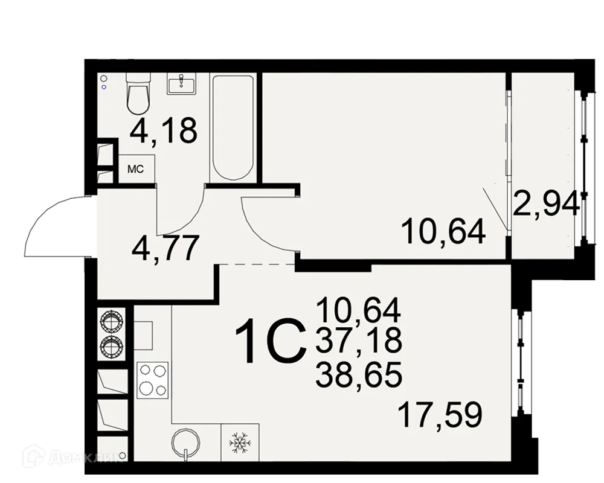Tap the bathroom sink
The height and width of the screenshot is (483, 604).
(x=181, y=84)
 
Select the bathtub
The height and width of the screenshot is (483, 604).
(x=233, y=127)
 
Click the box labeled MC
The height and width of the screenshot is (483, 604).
(x=135, y=168)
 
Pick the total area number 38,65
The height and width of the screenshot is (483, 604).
(x=358, y=377)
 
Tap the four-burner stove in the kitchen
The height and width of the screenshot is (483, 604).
(x=152, y=380)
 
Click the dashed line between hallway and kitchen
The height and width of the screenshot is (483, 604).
(x=256, y=264)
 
